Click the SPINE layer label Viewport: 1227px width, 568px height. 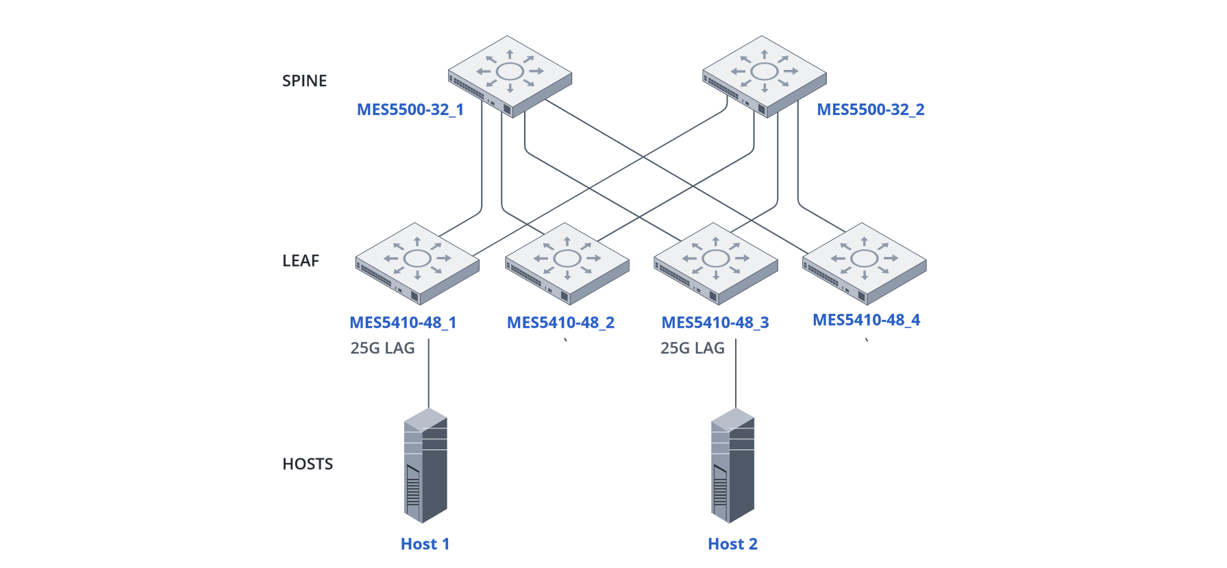[304, 81]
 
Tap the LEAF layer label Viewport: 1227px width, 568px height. [301, 261]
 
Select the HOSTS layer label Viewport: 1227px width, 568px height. [308, 465]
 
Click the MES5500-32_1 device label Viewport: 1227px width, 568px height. [410, 110]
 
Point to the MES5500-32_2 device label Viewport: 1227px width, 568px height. [870, 110]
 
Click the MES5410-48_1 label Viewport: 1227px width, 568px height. [403, 323]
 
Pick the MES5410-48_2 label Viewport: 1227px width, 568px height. [560, 323]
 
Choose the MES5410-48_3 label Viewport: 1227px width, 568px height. [715, 323]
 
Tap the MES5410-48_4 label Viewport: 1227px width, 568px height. [866, 320]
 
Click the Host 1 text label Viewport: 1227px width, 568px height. [425, 544]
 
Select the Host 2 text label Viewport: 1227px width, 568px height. [732, 544]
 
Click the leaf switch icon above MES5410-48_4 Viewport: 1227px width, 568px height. [865, 262]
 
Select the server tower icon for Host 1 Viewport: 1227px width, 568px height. [425, 466]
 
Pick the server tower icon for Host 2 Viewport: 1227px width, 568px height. [732, 466]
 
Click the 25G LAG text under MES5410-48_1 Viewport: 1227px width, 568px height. [382, 348]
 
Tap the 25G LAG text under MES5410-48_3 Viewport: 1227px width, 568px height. [692, 348]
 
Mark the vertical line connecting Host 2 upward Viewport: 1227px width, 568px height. [736, 373]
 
